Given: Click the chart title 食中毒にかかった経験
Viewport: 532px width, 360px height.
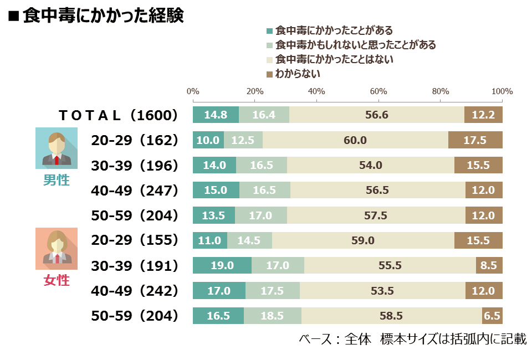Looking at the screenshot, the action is pos(104,16).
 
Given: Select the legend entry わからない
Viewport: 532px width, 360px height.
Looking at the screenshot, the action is pos(293,74).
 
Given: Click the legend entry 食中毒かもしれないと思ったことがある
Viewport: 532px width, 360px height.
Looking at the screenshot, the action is pos(351,45).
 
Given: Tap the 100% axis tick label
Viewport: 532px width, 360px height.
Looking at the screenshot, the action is pos(502,91).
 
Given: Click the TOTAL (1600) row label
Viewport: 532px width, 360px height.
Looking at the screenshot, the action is pos(118,115).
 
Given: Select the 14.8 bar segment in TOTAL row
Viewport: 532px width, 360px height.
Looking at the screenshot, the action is pos(216,115).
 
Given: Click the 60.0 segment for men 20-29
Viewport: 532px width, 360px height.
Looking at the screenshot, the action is pos(355,140).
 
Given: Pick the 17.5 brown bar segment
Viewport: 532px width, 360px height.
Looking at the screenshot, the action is pos(475,140).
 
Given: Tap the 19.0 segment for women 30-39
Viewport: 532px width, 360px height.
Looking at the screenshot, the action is pos(222,265).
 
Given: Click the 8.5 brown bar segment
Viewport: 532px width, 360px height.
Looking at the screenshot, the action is pos(489,265).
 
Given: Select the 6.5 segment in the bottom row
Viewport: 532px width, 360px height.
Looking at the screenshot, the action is pos(492,316).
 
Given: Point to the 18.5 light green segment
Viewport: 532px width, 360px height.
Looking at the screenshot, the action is pos(273,316).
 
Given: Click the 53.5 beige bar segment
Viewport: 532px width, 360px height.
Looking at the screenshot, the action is pos(382,291).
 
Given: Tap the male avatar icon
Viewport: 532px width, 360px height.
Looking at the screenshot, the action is pos(57,148).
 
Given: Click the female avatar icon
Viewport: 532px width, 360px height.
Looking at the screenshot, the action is pos(57,249).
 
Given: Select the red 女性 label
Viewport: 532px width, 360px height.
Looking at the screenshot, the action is pos(57,280).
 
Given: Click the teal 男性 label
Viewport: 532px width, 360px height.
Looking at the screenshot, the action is pos(57,180).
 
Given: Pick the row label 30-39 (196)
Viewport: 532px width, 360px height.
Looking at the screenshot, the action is pos(134,166).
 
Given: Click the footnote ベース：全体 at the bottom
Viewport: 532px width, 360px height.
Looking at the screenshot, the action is pos(335,339).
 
